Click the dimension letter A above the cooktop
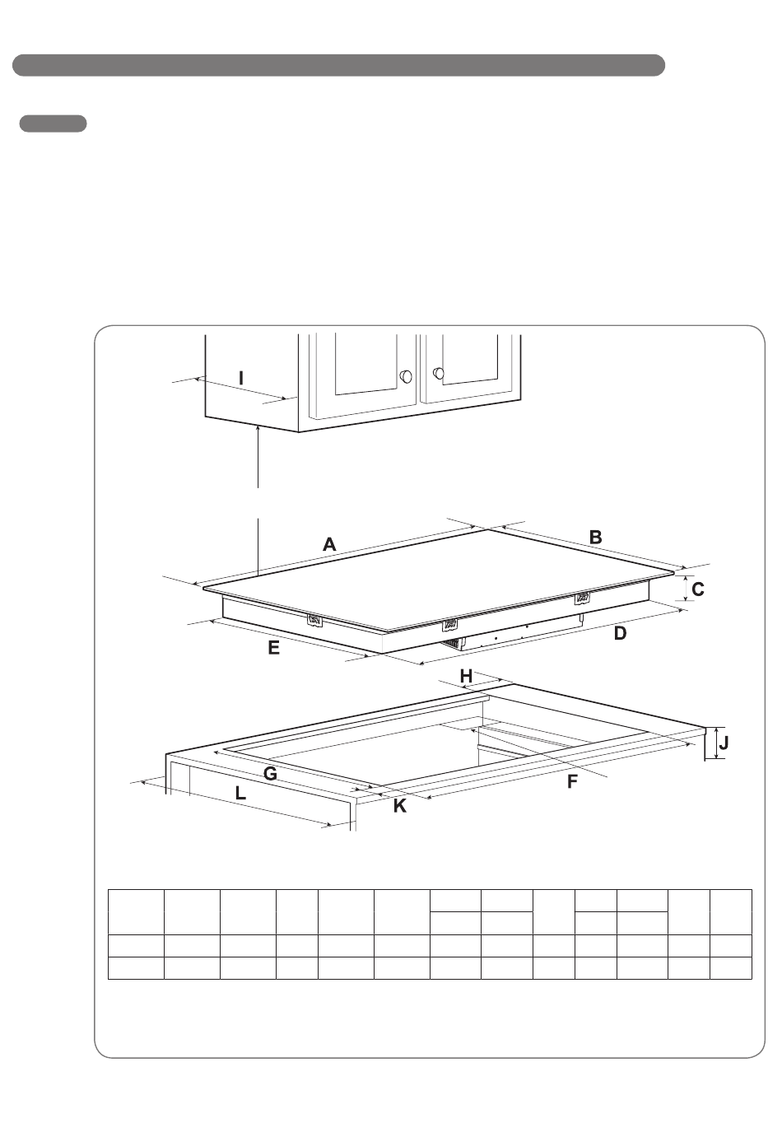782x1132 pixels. tap(329, 545)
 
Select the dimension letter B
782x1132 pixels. tap(596, 538)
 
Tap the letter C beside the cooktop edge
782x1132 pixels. tap(698, 589)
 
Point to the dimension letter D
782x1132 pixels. tap(620, 633)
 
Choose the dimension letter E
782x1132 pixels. tap(274, 648)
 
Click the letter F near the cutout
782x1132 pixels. tap(572, 782)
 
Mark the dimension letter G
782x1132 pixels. tap(270, 774)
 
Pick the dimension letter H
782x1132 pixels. tap(466, 676)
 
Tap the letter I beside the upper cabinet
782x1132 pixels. tap(241, 379)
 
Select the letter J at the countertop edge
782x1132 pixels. tap(724, 743)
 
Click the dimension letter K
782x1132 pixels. tap(399, 806)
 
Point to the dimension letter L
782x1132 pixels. tap(240, 793)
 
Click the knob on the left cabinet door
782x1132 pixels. tap(406, 376)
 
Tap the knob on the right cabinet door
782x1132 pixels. tap(439, 374)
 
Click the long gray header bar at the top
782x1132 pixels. tap(338, 65)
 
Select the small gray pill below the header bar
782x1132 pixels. tap(53, 123)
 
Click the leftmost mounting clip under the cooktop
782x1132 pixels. tap(314, 621)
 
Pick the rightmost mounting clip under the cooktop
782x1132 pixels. tap(582, 598)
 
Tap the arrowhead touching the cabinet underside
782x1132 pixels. tap(258, 429)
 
